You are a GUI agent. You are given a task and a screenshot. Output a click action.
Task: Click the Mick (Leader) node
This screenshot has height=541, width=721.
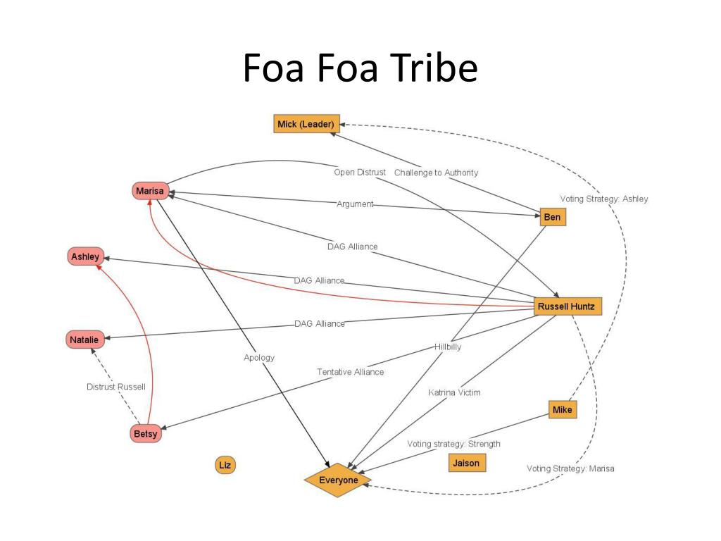(x=307, y=124)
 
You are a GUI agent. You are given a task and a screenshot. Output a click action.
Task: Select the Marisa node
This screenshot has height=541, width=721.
(x=150, y=190)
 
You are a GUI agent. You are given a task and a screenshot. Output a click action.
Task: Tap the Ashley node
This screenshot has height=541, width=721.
(x=85, y=256)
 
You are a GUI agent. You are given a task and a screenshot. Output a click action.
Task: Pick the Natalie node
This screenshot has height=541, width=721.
(x=84, y=340)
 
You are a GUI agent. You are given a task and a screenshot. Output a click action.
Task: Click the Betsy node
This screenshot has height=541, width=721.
(x=146, y=433)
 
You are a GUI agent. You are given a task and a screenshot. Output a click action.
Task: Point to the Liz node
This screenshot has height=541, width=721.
(x=225, y=465)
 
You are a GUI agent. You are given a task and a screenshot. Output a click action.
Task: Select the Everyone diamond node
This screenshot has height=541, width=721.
(x=338, y=480)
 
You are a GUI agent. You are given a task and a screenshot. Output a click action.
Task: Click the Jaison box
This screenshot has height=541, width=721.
(x=467, y=463)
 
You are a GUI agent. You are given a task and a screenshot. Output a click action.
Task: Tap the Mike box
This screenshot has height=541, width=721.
(x=563, y=409)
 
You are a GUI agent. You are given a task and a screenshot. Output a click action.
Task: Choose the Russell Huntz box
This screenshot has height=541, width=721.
(x=568, y=306)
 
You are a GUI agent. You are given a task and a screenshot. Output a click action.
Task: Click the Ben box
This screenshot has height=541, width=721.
(x=553, y=217)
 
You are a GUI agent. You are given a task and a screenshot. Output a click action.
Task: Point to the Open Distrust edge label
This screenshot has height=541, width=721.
(x=360, y=172)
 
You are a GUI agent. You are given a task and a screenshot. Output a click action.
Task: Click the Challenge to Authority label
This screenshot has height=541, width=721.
(x=436, y=173)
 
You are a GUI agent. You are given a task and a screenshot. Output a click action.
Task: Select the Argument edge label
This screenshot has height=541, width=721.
(x=355, y=204)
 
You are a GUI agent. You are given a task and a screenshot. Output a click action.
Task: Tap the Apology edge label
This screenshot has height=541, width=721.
(x=259, y=357)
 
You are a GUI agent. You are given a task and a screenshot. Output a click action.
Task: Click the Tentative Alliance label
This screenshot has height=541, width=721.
(x=351, y=372)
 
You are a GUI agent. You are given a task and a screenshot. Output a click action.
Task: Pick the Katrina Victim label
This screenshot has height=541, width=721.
(x=454, y=392)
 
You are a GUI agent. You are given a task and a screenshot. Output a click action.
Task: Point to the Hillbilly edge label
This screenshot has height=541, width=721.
(x=448, y=347)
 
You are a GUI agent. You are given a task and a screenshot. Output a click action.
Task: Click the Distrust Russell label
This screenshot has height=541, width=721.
(x=116, y=387)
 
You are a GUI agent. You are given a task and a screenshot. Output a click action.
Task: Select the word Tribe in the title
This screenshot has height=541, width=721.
(x=435, y=68)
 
